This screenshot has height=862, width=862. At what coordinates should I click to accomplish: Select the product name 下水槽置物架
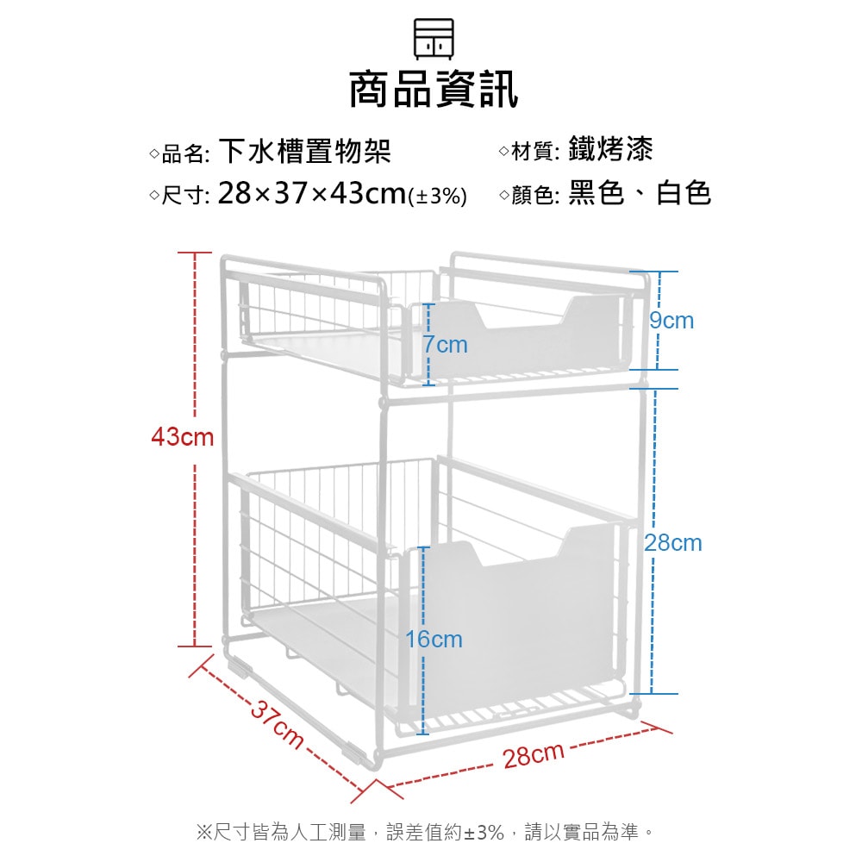[304, 151]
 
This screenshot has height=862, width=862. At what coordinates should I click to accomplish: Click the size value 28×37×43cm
[311, 194]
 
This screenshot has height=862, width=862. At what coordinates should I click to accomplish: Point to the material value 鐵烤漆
[610, 149]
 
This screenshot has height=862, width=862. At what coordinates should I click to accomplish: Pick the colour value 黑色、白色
[639, 193]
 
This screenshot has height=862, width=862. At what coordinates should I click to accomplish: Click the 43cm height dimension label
[183, 437]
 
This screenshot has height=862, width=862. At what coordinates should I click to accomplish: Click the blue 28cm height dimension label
[673, 543]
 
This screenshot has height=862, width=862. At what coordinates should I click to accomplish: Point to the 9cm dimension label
[671, 321]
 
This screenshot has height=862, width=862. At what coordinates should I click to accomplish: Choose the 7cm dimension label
[446, 345]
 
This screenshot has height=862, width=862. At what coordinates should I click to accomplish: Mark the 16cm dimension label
[434, 640]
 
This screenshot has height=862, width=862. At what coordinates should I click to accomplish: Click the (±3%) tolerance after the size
[437, 197]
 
